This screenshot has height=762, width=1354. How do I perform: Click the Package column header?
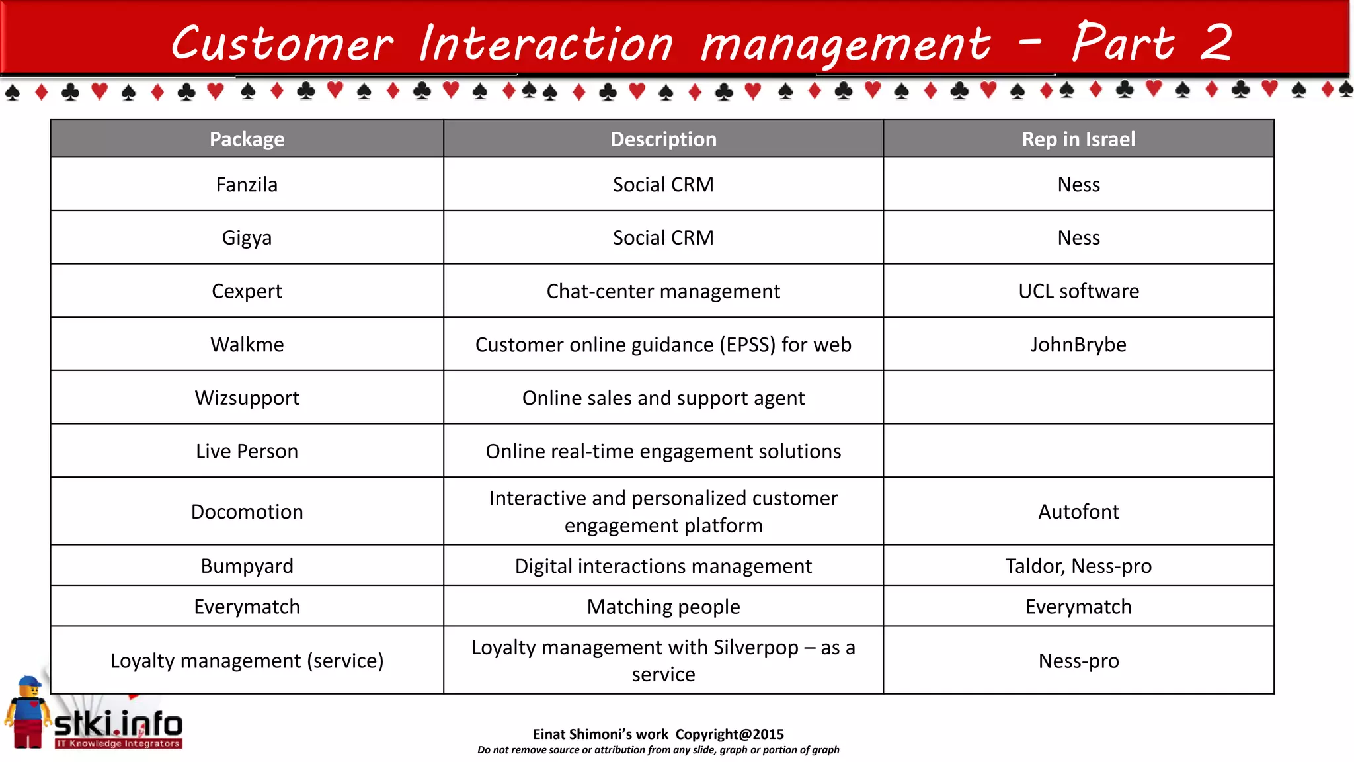tap(247, 139)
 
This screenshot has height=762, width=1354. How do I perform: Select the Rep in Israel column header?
tap(1078, 139)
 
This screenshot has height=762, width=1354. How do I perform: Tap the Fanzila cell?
tap(247, 185)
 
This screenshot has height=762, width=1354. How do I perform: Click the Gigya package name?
tap(247, 238)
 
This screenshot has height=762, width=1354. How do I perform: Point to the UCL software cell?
tap(1078, 291)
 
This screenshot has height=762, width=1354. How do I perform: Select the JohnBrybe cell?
tap(1078, 345)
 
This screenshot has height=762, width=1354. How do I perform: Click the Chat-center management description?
tap(663, 291)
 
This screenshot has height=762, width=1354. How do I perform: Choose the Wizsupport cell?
tap(247, 398)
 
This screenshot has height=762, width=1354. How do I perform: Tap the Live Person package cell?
tap(247, 451)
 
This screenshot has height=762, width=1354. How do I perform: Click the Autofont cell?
tap(1078, 511)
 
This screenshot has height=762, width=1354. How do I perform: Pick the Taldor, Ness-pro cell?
tap(1078, 566)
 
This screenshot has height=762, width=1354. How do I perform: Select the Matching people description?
tap(663, 607)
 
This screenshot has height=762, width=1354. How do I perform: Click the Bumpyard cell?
tap(247, 566)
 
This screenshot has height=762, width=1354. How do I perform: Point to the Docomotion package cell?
tap(247, 511)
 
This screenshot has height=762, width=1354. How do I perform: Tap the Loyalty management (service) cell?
tap(247, 661)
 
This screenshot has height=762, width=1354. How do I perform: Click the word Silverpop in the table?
tap(756, 648)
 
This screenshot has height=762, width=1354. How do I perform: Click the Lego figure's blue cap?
tap(29, 681)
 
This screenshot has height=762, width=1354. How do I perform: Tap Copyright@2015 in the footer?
tap(729, 734)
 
